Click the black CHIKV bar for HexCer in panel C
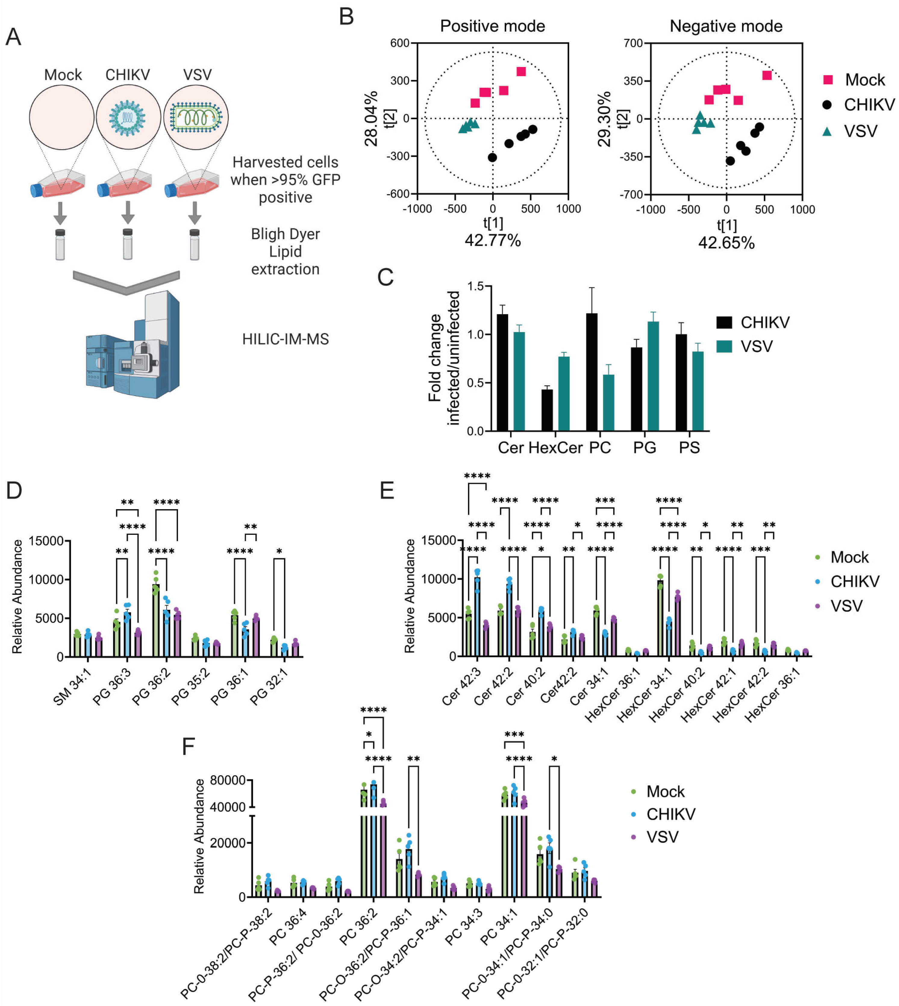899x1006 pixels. tap(547, 410)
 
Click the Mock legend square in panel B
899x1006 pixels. tap(828, 80)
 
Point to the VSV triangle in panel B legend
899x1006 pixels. tap(827, 131)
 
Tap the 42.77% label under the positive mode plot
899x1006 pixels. tap(492, 241)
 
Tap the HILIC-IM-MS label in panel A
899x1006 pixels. tap(286, 339)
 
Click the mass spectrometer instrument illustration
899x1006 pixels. tap(133, 346)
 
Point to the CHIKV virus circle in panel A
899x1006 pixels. tap(128, 117)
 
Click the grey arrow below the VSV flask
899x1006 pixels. tap(195, 212)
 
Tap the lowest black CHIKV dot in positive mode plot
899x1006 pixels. tap(492, 158)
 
